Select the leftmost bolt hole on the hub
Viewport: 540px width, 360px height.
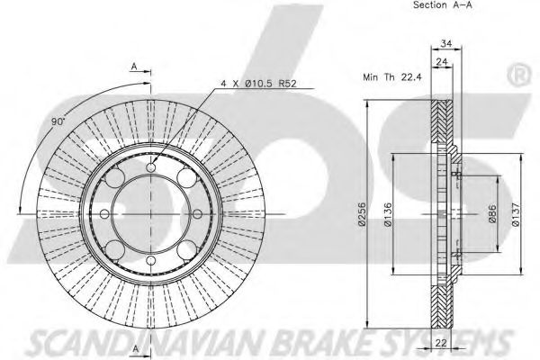(x=105, y=214)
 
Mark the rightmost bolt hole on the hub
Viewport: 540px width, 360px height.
(x=196, y=214)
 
